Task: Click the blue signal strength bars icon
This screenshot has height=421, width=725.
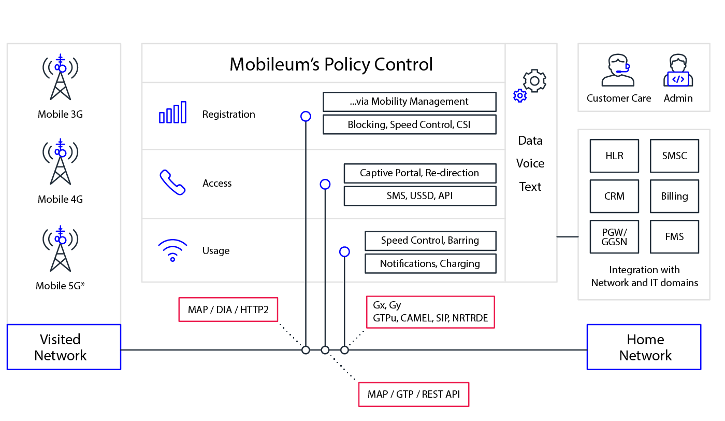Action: [173, 113]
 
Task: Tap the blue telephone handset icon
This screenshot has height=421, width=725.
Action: [172, 183]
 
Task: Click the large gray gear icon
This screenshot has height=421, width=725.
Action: [534, 81]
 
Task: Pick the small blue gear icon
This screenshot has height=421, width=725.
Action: [520, 95]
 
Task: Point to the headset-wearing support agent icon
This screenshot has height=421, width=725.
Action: [618, 71]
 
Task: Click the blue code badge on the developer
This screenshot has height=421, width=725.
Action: [678, 79]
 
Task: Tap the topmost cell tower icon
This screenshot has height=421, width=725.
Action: [61, 77]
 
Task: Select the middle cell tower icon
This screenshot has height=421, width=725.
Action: [61, 162]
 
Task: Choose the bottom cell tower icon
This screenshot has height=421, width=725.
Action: [61, 249]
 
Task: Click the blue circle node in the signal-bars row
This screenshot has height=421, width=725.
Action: [306, 117]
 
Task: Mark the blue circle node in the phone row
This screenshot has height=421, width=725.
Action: [325, 184]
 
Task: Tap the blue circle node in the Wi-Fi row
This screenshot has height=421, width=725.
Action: [344, 251]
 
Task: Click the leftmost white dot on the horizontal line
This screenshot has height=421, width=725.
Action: [306, 350]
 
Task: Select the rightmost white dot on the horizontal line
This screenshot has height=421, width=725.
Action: [344, 350]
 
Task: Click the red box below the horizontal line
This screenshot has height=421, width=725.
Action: [414, 395]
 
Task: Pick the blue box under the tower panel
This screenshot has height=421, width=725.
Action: [64, 347]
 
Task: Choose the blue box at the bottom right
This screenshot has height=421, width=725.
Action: [644, 347]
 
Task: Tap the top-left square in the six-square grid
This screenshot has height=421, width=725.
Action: [614, 156]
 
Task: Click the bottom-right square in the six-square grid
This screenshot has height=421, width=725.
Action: [675, 237]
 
